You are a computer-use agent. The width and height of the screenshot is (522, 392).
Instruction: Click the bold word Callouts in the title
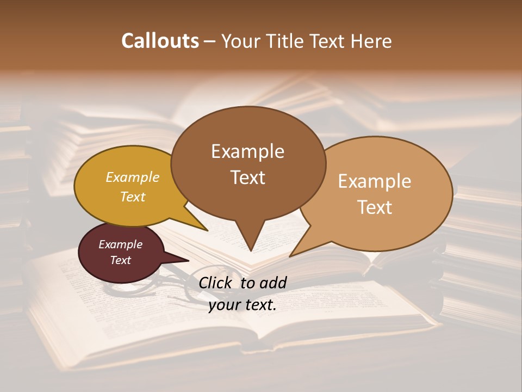coord(160,41)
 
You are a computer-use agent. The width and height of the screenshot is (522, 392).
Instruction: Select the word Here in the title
coord(371,41)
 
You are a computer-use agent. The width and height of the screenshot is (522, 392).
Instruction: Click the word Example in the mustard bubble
coord(133,177)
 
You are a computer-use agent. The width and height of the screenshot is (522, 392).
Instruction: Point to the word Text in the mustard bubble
coord(133,197)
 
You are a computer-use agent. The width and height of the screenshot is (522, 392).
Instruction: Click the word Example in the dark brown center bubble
coord(247,151)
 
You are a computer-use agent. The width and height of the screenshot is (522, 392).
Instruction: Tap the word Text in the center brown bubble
coord(247,177)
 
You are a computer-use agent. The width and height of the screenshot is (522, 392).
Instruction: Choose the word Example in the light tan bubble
coord(375,181)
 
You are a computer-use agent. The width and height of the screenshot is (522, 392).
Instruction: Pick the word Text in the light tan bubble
coord(375,207)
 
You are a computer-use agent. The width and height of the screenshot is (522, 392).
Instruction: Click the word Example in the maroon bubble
coord(121,244)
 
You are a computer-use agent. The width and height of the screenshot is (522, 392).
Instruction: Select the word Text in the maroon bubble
coord(121,260)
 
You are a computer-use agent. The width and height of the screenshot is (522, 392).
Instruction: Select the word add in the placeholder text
coord(273,283)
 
